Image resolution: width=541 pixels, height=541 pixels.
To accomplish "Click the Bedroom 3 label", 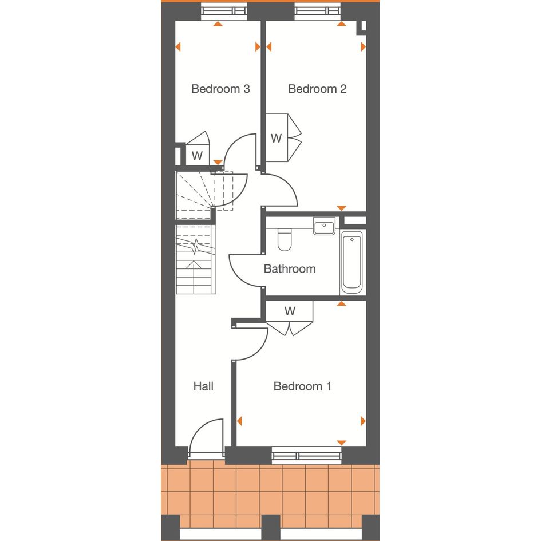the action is (x=220, y=89).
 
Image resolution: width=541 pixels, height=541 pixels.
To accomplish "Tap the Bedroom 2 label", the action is (x=317, y=89).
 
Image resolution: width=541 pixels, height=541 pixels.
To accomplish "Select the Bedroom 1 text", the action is (x=303, y=386).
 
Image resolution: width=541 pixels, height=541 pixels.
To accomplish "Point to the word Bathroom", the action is (x=290, y=268).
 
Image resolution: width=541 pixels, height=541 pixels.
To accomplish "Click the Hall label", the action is (x=203, y=386).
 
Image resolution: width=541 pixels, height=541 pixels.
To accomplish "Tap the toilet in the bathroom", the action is (x=285, y=239).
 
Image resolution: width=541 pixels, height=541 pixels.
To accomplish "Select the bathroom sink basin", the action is (x=324, y=226).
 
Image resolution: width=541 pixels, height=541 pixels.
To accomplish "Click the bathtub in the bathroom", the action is (x=352, y=262).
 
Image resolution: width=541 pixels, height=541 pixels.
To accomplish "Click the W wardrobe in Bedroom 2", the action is (x=277, y=138).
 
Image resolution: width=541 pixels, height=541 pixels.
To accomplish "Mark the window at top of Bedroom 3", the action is (x=224, y=11).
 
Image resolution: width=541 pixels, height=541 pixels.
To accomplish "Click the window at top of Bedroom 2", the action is (x=318, y=11).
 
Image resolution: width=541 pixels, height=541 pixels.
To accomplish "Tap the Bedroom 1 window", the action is (x=306, y=456).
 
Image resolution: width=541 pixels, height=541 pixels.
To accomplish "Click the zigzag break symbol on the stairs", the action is (x=196, y=246).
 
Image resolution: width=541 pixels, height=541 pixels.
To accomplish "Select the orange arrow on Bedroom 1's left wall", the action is (x=239, y=421).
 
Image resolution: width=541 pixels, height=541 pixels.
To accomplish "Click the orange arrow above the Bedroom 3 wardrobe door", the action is (x=218, y=162).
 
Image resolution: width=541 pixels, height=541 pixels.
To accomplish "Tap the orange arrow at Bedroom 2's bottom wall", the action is (x=342, y=208).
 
